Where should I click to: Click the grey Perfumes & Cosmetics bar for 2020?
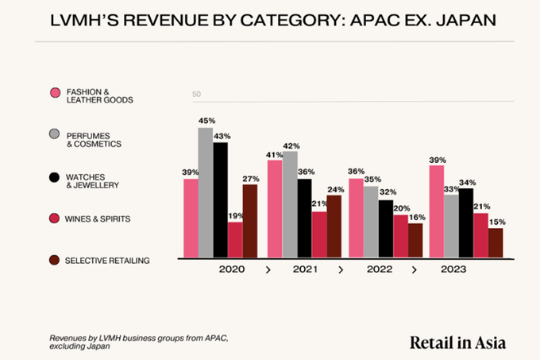click(x=206, y=192)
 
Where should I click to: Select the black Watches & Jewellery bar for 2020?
click(x=220, y=199)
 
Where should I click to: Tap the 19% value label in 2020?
click(x=235, y=215)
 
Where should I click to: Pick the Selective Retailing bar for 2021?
click(x=334, y=226)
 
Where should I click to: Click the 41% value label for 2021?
click(x=275, y=154)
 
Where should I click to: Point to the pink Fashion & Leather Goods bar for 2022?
click(x=357, y=218)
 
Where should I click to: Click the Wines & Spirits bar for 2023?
click(x=480, y=234)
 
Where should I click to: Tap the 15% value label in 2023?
click(x=496, y=222)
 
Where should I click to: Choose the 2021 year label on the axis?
click(x=305, y=269)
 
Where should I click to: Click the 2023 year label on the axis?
click(x=453, y=269)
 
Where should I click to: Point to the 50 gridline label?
click(x=196, y=95)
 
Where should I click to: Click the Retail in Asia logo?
click(x=457, y=343)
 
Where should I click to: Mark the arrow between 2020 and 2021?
click(x=268, y=270)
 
